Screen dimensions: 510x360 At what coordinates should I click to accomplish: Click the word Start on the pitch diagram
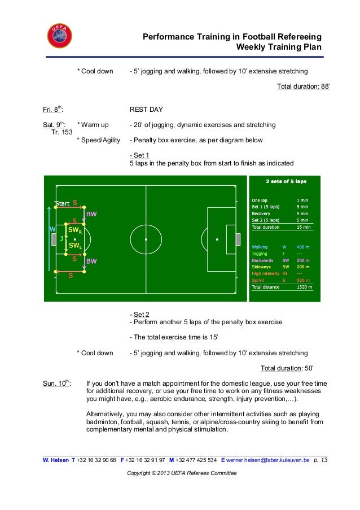tap(62, 203)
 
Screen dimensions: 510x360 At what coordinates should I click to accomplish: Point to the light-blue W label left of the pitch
tap(52, 230)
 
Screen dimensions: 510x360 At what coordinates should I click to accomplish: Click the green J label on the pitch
tap(62, 238)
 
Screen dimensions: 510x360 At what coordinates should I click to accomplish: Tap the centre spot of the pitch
tap(146, 239)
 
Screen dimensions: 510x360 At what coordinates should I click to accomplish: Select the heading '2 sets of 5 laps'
tap(286, 182)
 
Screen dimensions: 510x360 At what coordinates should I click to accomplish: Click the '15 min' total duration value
tap(303, 227)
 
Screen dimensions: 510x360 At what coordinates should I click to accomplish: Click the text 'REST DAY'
tap(146, 110)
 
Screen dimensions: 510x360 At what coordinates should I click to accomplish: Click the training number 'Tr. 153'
tap(62, 132)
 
